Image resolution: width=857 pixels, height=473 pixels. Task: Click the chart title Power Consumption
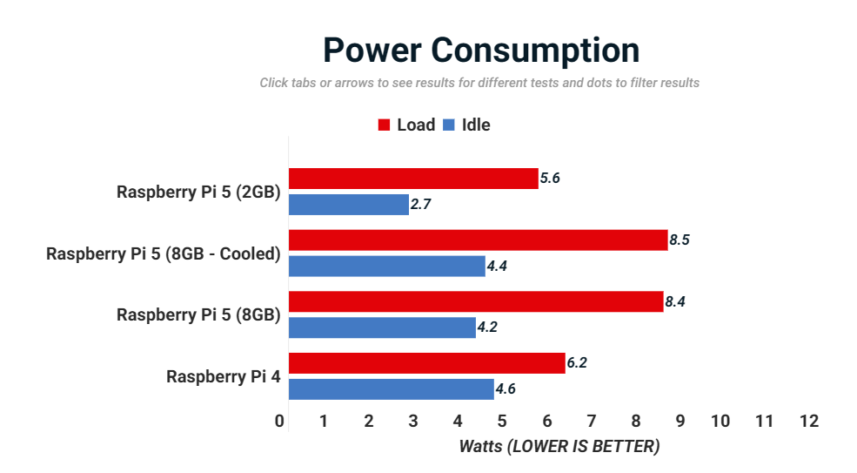coord(481,51)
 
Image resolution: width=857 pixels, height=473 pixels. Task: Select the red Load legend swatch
coord(384,125)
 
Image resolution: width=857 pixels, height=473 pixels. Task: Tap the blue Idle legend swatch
coord(449,125)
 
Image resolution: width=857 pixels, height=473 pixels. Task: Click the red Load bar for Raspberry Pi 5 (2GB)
coord(413,179)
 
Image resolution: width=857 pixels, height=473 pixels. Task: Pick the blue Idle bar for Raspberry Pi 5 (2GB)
coord(348,205)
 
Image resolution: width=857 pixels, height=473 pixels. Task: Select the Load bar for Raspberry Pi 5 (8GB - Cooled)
coord(478,240)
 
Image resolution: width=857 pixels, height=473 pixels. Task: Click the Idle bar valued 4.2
coord(382,328)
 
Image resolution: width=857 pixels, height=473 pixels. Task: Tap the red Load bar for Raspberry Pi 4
coord(426,363)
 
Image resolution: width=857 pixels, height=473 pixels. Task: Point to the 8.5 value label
coord(680,240)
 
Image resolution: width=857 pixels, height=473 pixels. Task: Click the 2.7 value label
coord(421,206)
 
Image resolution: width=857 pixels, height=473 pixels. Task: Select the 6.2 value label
coord(577,363)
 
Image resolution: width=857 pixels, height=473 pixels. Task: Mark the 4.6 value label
coord(505,389)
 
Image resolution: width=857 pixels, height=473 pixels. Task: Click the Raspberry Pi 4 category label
coord(224,376)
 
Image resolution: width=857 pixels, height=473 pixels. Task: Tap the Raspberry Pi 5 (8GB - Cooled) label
coord(164,253)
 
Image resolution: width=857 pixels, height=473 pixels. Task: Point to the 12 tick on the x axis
coord(809,422)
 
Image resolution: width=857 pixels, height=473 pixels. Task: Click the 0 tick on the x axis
coord(279,422)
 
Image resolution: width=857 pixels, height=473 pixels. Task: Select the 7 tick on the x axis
coord(591,422)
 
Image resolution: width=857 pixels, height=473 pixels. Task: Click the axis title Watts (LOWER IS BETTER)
coord(559,447)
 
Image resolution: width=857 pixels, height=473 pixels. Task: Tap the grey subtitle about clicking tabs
coord(479,84)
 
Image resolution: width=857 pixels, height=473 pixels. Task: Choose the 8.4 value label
coord(675,302)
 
